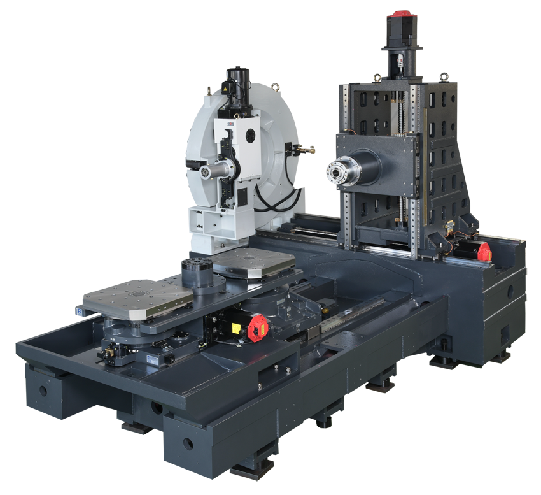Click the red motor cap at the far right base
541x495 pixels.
[483, 250]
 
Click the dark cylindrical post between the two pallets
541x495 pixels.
[197, 273]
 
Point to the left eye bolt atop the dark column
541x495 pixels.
[377, 78]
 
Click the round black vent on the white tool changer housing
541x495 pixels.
[249, 136]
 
